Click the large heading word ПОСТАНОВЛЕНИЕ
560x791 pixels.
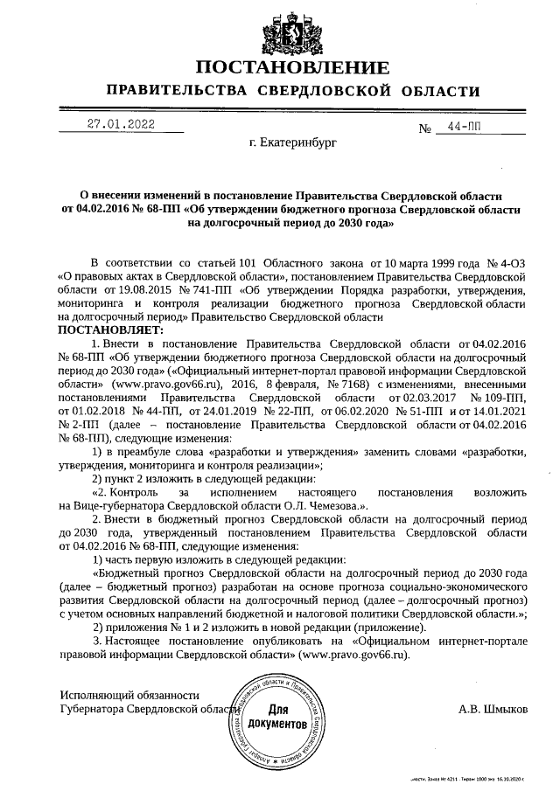click(x=292, y=68)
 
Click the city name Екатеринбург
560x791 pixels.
click(x=292, y=142)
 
